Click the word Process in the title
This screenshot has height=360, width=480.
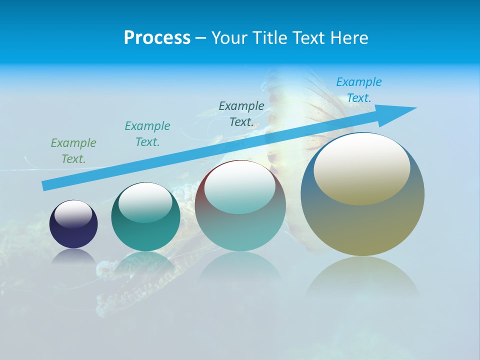(157, 38)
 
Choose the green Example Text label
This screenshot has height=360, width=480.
(73, 151)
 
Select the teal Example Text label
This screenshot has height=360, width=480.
(147, 134)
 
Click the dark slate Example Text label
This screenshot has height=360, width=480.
(241, 114)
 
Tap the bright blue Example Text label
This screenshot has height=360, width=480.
(359, 90)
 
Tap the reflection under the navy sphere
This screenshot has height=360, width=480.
(73, 256)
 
